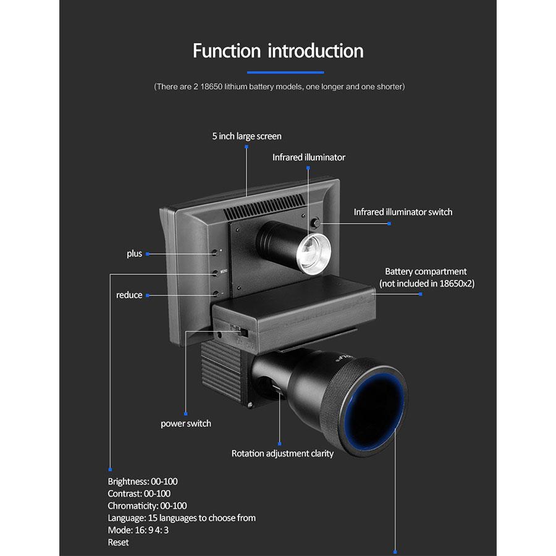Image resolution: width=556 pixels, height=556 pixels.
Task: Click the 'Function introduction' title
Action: point(278,51)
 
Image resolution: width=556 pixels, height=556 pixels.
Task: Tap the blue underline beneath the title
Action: point(277,72)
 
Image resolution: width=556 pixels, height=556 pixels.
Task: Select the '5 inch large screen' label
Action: point(246,136)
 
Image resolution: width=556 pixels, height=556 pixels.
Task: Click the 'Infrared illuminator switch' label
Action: point(403,212)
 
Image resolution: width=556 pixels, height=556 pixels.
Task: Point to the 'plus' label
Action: point(134,254)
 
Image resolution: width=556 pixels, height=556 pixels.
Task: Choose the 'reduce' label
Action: point(129,295)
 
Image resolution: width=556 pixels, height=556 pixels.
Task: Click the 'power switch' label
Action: point(185,424)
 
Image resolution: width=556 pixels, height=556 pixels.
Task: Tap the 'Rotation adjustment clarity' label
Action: point(282,453)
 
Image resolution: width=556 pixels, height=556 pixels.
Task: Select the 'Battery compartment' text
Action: point(426,272)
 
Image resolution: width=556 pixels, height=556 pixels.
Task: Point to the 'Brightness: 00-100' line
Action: point(143,481)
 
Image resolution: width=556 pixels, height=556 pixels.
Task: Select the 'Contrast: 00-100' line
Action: point(139,494)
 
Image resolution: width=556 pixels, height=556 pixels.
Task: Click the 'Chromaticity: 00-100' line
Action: point(147,505)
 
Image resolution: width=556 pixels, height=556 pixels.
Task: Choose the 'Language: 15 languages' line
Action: point(182,518)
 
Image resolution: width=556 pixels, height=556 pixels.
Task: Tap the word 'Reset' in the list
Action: point(119,542)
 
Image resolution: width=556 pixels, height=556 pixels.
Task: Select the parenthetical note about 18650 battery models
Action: point(279,86)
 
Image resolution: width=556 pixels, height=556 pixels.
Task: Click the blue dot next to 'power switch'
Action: point(186,413)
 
